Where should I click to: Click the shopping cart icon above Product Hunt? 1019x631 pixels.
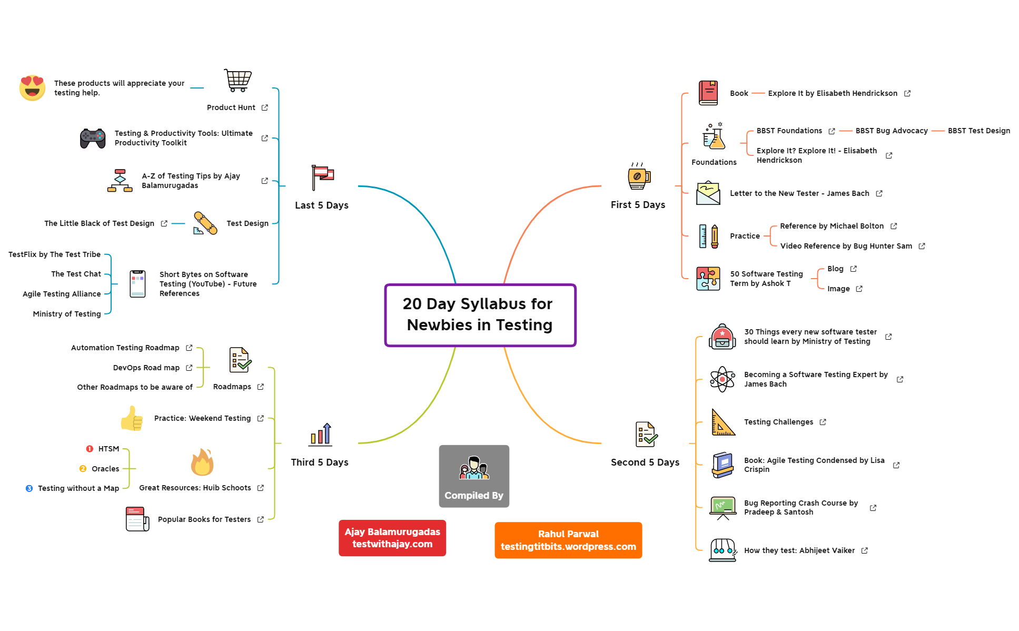click(238, 81)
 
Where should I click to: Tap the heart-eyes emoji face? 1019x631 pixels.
click(32, 87)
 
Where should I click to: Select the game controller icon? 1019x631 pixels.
click(93, 139)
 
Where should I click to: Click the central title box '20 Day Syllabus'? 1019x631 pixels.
click(480, 315)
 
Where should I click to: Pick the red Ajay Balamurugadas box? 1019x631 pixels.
click(392, 538)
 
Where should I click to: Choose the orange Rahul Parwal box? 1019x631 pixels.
click(568, 540)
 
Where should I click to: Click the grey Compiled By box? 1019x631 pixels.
click(474, 476)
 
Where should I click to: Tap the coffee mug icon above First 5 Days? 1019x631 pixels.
click(638, 176)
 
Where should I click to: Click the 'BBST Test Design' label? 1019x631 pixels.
click(978, 131)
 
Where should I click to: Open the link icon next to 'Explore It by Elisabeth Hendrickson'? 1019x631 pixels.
click(907, 93)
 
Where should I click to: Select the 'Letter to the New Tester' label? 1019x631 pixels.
click(799, 193)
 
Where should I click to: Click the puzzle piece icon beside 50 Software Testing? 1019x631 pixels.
click(708, 279)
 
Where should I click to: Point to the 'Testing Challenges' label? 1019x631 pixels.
click(778, 422)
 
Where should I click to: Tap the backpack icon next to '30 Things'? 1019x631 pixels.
click(722, 337)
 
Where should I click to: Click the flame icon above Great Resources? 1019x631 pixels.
click(202, 462)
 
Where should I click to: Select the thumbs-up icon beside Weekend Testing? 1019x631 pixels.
click(132, 419)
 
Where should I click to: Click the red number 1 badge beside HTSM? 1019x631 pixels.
click(90, 449)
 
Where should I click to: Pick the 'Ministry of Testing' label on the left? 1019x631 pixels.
click(67, 314)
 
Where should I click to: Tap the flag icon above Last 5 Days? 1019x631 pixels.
click(322, 177)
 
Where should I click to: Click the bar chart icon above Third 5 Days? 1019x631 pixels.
click(321, 435)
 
